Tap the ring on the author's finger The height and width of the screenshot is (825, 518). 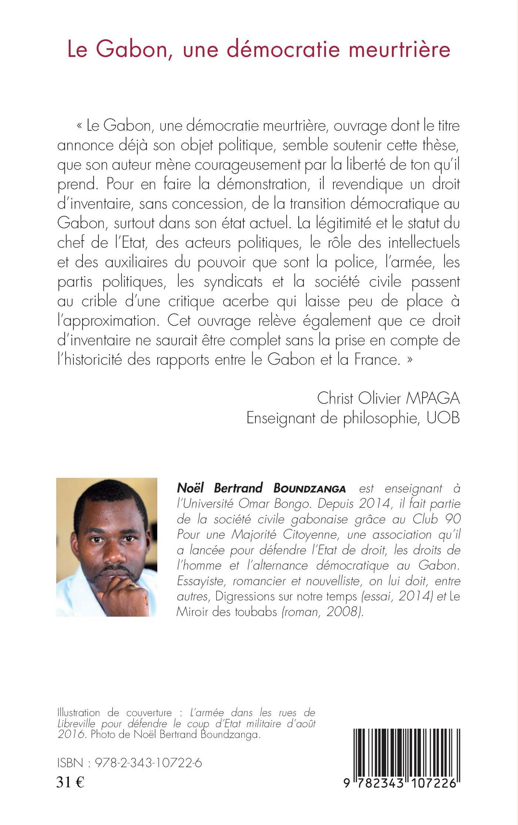135,585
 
